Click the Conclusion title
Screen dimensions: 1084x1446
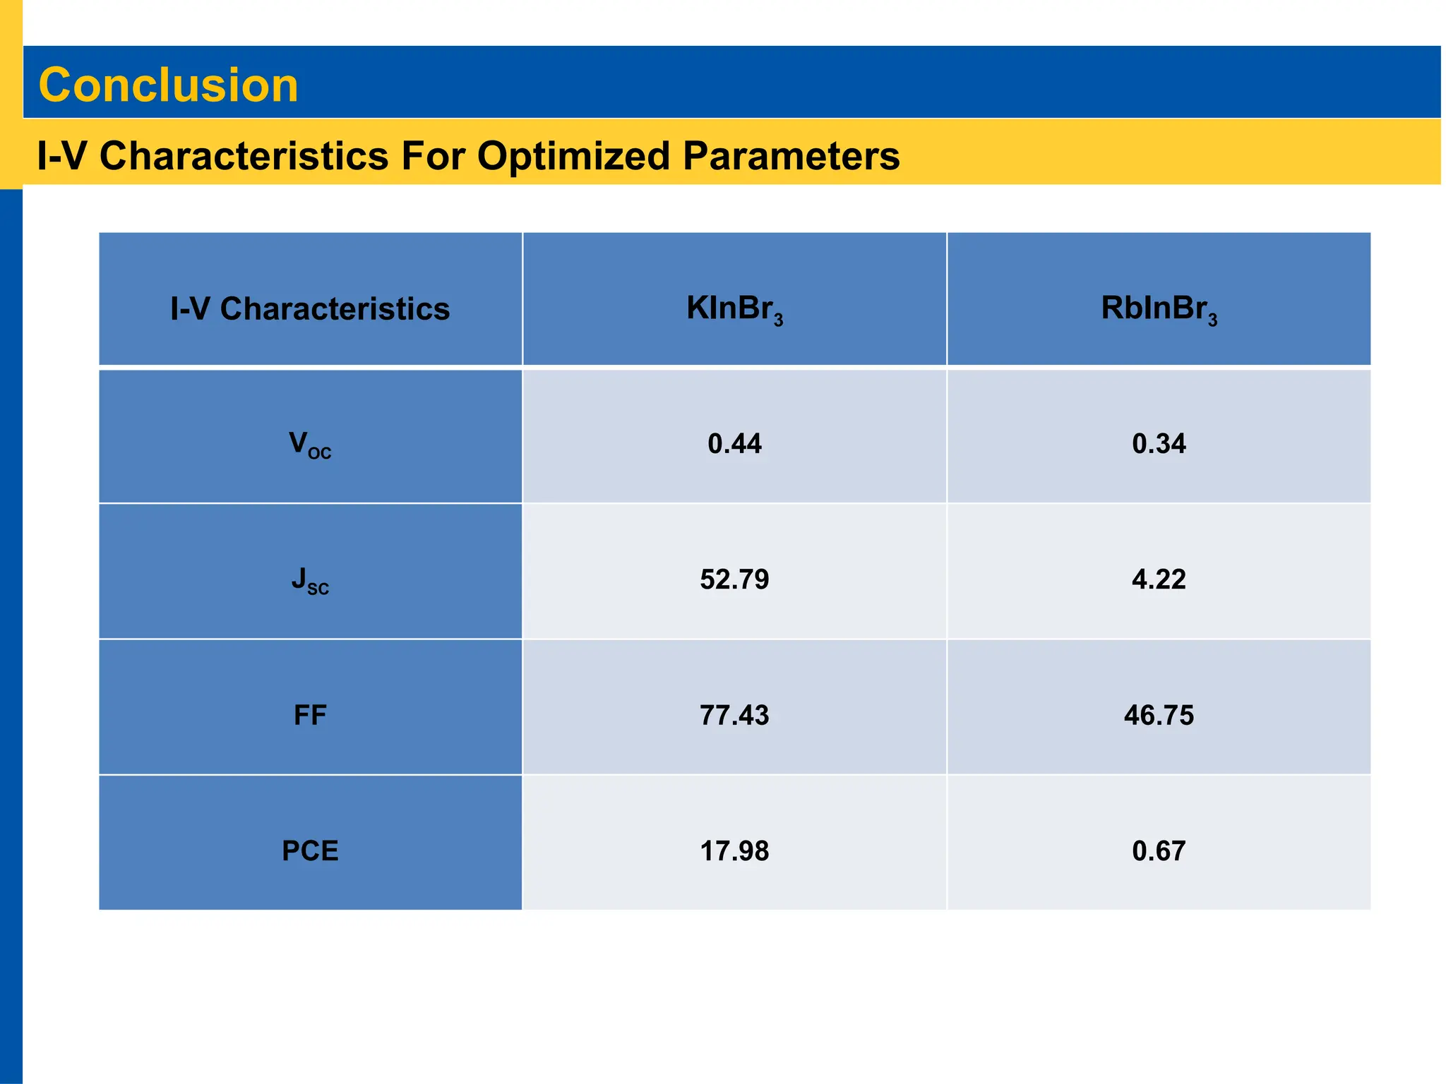pos(168,85)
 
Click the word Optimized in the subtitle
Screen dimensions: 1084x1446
pos(573,156)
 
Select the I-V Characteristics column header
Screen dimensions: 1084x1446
pos(310,309)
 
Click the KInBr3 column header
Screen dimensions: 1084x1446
pos(734,309)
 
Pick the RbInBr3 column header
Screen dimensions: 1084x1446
pos(1159,309)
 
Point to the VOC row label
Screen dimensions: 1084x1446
pos(310,445)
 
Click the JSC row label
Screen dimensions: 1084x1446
pos(310,580)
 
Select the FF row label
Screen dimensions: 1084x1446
pos(310,716)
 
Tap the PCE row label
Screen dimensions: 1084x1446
pos(310,851)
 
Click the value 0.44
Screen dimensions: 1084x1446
pos(734,444)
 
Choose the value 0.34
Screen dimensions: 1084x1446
pos(1159,444)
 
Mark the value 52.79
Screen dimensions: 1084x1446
pos(734,579)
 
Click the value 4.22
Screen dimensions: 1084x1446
pos(1159,579)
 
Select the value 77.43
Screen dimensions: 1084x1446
pos(734,716)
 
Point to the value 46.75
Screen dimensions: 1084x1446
pos(1159,716)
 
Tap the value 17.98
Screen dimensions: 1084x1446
pos(734,851)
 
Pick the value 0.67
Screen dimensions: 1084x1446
pos(1159,851)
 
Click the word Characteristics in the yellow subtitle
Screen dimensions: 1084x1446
pos(244,156)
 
